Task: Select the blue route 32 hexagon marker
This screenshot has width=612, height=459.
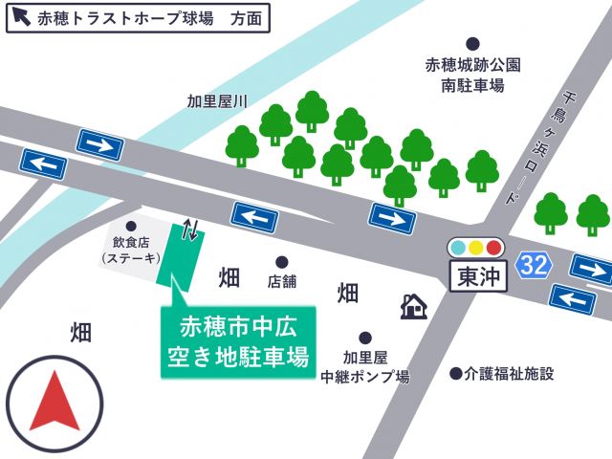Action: point(534,265)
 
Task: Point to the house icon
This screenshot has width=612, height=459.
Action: point(413,306)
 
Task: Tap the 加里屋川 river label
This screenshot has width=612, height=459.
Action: point(217,101)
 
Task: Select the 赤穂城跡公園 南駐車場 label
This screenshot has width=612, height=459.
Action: point(472,76)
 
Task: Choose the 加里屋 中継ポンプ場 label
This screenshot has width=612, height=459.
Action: point(364,367)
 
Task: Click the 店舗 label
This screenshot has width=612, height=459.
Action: point(282,282)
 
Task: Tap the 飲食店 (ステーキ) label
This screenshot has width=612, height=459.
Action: point(131,251)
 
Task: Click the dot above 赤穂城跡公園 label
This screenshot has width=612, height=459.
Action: point(472,44)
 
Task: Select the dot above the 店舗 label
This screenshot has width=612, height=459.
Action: point(282,262)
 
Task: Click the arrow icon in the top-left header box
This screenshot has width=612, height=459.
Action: point(21,17)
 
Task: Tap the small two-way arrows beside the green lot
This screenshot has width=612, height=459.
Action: point(191,229)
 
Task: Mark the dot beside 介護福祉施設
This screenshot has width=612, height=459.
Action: point(456,374)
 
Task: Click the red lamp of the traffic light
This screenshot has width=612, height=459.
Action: point(493,248)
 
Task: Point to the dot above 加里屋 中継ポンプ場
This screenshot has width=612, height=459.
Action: point(365,338)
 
